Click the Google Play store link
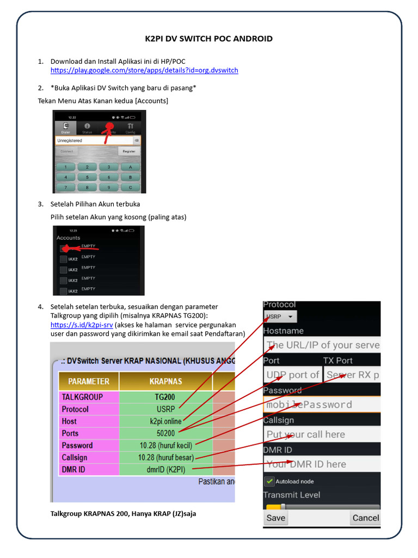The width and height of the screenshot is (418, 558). point(144,70)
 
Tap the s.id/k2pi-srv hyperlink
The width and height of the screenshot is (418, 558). point(81,325)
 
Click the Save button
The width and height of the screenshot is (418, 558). point(275,518)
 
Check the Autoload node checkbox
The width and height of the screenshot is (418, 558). point(269,482)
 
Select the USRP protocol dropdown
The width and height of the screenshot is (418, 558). point(280,316)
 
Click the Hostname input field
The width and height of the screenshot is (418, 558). point(322,345)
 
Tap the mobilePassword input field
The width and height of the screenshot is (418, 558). point(322,404)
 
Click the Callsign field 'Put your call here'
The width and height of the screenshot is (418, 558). point(322,434)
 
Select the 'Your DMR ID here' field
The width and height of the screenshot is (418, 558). point(322,464)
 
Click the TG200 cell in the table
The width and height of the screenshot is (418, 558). point(165,397)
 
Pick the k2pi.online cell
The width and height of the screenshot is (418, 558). point(165,421)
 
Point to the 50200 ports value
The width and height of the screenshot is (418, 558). point(165,433)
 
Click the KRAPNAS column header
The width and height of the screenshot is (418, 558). point(165,381)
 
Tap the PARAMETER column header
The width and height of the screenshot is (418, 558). point(89,381)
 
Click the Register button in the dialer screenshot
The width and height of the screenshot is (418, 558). point(129,151)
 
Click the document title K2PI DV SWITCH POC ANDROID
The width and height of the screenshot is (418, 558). point(209,39)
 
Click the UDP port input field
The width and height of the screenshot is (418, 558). point(292,375)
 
